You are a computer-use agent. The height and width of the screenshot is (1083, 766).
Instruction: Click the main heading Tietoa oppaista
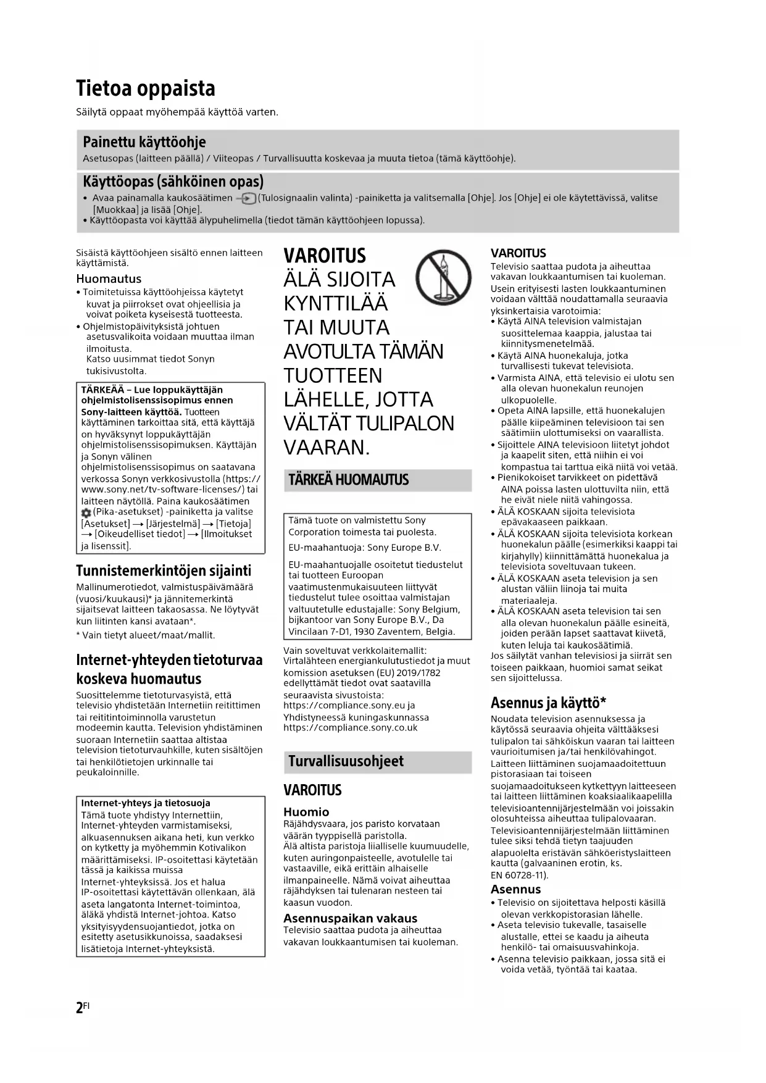(x=146, y=89)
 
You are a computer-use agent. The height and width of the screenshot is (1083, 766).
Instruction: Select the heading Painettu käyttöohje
(x=144, y=141)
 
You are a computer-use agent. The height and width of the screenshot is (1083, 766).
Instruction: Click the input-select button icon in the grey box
(x=248, y=199)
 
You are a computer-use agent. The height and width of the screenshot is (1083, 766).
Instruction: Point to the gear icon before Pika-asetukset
(x=86, y=513)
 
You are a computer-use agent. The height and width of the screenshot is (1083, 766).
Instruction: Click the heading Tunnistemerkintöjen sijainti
(x=164, y=571)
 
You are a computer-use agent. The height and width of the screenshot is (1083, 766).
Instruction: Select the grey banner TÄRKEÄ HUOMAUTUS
(x=349, y=480)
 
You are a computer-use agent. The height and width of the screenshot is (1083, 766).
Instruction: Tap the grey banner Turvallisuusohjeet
(x=346, y=761)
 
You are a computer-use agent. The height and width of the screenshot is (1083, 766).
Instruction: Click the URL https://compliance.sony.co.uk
(x=350, y=728)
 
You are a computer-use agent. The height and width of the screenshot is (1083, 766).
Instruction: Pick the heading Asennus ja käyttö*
(x=548, y=703)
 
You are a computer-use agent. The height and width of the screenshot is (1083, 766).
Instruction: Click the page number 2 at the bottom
(x=80, y=1008)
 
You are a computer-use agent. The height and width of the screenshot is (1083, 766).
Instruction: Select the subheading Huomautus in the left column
(x=109, y=278)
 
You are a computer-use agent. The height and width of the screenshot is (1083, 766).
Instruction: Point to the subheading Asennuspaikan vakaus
(x=350, y=918)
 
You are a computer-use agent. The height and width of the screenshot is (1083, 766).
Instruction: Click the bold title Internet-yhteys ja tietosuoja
(x=146, y=803)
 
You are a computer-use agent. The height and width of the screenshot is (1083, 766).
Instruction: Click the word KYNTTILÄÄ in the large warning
(x=336, y=304)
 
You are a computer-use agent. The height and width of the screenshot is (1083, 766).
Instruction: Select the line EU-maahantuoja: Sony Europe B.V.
(x=365, y=548)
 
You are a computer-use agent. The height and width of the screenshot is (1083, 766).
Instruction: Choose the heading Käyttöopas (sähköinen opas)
(x=173, y=182)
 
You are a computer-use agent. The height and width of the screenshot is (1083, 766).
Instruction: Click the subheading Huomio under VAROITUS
(x=306, y=812)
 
